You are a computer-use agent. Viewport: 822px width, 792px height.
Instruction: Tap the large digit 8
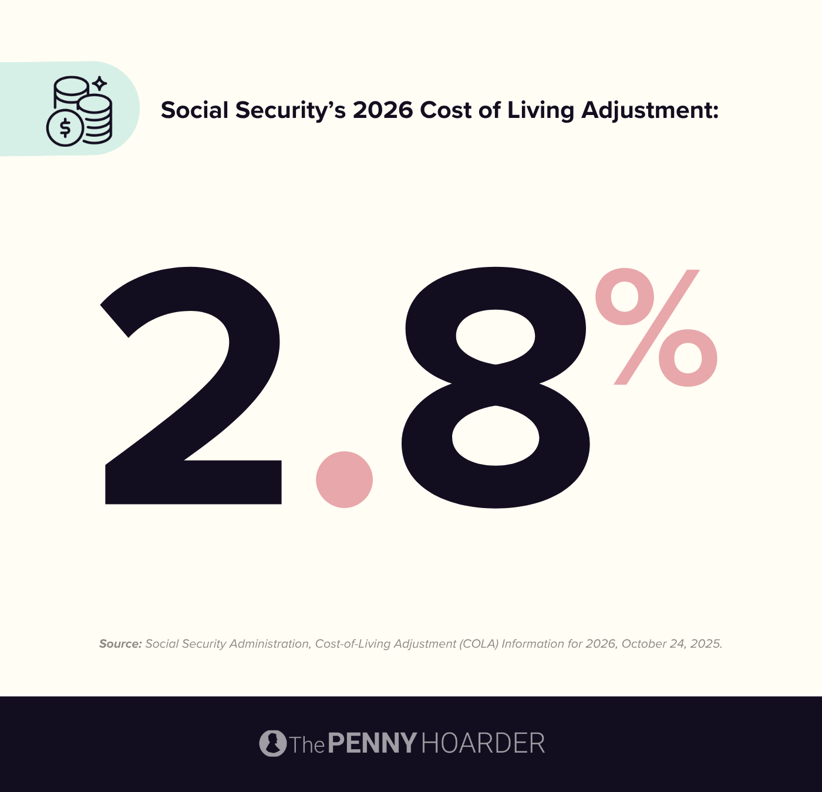click(496, 387)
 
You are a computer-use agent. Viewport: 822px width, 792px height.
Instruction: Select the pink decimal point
click(344, 479)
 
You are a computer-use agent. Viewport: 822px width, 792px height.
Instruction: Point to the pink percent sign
click(656, 327)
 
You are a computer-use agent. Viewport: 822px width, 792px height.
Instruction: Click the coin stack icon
click(79, 110)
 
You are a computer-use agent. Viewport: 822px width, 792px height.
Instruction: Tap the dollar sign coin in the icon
click(65, 128)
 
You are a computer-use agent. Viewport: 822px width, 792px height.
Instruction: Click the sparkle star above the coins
click(100, 83)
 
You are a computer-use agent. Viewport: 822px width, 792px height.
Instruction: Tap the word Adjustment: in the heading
click(650, 110)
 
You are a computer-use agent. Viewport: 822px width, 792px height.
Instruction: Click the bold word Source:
click(120, 644)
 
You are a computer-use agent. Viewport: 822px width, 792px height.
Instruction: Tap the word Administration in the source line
click(269, 644)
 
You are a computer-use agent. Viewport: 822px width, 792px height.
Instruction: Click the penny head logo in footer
click(272, 743)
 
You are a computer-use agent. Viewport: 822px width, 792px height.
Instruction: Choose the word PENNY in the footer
click(372, 743)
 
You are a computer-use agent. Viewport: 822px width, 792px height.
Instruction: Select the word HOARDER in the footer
click(483, 743)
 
